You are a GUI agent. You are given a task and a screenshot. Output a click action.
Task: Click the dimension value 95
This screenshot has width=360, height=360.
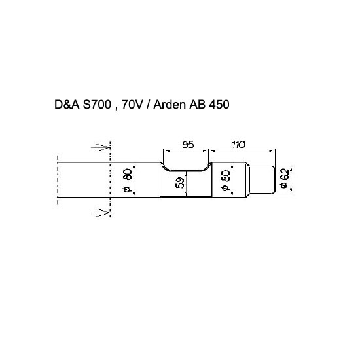188,145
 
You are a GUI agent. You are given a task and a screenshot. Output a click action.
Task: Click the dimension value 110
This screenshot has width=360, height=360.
239,145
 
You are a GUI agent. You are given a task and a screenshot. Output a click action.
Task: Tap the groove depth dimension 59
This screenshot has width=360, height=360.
180,183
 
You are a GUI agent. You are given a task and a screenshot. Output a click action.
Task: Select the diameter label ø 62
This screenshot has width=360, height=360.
285,179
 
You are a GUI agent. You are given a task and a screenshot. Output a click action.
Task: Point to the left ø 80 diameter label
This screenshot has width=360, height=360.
127,180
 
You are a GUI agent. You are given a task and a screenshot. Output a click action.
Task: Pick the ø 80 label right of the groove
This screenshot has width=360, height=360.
226,181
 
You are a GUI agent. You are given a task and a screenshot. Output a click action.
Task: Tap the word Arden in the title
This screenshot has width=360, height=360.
170,105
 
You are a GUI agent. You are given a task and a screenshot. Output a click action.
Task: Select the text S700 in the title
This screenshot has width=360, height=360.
97,105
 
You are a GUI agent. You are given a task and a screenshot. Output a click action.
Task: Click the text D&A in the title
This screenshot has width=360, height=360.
67,105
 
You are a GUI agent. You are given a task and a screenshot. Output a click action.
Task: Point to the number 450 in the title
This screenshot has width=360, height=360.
219,105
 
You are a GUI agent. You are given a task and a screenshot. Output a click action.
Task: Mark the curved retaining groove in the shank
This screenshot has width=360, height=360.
186,171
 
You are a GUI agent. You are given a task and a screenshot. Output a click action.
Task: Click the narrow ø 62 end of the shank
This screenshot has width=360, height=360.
262,179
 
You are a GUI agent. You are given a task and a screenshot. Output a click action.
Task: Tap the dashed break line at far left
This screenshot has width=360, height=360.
58,180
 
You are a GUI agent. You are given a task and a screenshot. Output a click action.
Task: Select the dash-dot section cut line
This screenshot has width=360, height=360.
111,179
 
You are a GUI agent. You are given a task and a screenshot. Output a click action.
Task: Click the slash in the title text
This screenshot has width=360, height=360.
148,105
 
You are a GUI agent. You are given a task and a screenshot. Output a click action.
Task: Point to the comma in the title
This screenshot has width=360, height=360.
117,109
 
